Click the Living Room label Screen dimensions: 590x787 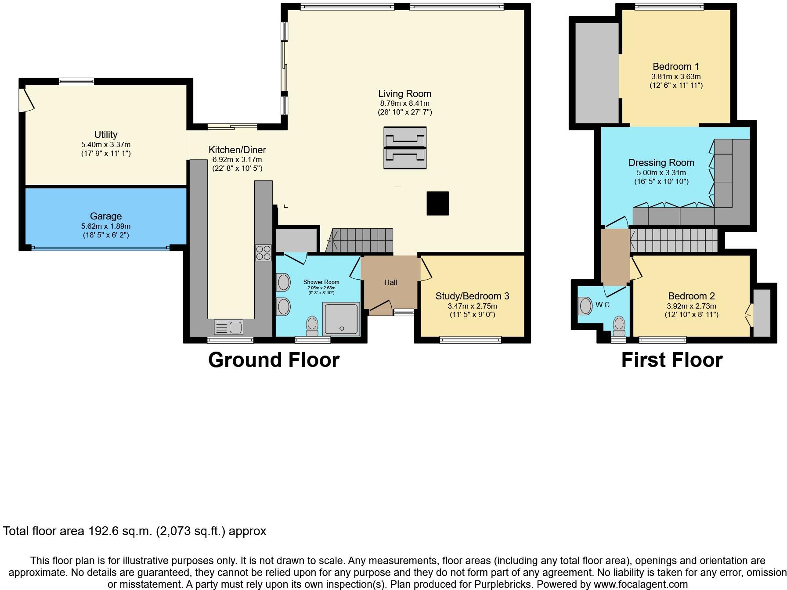point(404,94)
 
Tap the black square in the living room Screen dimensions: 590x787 point(438,203)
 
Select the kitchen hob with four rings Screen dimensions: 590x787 point(264,253)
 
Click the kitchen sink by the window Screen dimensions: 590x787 point(228,327)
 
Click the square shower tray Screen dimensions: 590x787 point(341,319)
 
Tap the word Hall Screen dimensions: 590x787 point(390,282)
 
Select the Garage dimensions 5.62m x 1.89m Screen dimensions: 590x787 point(106,227)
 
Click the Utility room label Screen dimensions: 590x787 point(106,134)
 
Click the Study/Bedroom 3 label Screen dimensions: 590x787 point(472,296)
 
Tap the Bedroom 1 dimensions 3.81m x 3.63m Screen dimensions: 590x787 point(676,76)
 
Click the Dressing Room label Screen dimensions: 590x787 point(661,162)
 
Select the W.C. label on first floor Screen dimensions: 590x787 point(603,305)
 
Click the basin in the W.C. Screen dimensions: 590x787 point(586,306)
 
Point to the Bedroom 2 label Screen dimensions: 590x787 point(691,296)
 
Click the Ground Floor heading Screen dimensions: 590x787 point(274,360)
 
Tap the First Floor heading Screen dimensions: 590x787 point(671,360)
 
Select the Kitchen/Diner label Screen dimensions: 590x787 point(237,150)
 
